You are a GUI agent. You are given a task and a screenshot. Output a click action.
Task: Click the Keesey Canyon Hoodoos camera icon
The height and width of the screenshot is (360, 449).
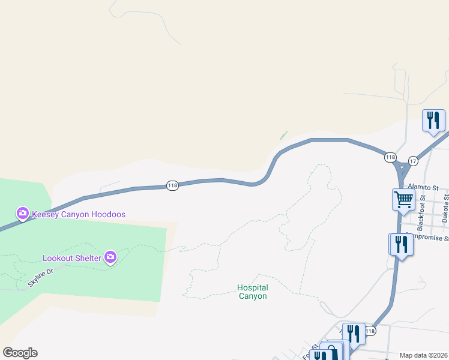[23, 213]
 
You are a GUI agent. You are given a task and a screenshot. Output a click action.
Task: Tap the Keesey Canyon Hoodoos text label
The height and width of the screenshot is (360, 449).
[79, 214]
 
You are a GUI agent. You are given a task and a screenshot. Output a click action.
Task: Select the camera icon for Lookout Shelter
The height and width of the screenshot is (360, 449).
[110, 257]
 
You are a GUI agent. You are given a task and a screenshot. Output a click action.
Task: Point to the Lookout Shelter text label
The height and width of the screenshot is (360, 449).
[71, 259]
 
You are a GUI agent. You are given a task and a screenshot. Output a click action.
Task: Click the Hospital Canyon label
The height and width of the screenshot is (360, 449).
[252, 292]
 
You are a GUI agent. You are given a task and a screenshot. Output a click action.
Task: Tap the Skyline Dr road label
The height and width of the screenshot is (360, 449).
[40, 277]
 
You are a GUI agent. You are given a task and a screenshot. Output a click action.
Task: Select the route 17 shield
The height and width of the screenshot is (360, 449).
[413, 161]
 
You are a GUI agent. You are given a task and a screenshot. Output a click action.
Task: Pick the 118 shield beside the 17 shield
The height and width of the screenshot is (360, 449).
[391, 157]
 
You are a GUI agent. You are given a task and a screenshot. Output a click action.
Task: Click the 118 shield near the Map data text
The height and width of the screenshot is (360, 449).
[370, 331]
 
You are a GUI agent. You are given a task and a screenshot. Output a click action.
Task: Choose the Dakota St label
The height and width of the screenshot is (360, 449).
[445, 209]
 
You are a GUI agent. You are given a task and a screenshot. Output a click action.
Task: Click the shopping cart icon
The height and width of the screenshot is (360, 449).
[403, 199]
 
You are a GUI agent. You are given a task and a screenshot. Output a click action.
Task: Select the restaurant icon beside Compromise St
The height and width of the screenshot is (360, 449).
[400, 244]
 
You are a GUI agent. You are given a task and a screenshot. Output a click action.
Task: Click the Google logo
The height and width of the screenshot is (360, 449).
[20, 353]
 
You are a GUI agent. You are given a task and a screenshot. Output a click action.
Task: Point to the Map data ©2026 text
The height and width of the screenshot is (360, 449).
[423, 355]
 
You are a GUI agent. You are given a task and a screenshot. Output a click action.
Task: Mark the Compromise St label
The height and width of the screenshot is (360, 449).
[427, 238]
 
